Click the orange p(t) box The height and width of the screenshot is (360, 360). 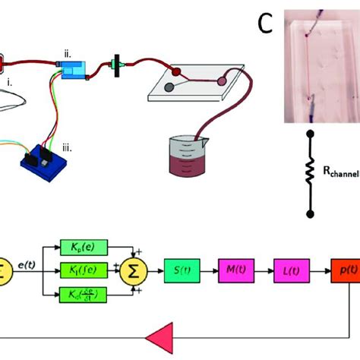pyautogui.click(x=344, y=270)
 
